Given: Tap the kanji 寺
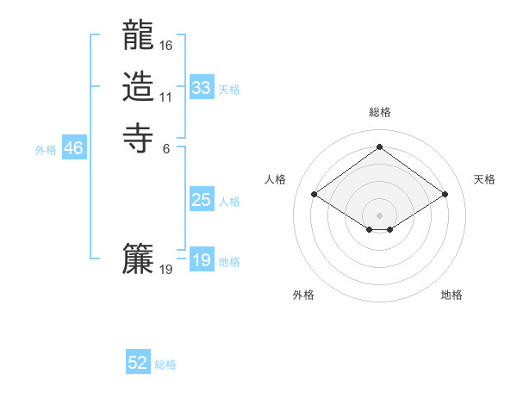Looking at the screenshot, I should pos(138,136).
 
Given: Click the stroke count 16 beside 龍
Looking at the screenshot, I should pos(166,45).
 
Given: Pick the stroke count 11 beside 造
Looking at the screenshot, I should pos(166,97).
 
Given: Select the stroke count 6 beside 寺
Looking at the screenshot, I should pos(166,148).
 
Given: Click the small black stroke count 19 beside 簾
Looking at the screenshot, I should pos(166,270).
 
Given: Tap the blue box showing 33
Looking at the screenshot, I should pos(202,88).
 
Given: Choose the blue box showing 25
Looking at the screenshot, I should pos(202,200).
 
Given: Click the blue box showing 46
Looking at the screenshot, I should pos(73,148).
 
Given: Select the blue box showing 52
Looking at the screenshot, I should pos(138,363).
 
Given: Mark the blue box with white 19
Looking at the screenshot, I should pos(202,260).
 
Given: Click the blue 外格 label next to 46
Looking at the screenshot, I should pos(46,150).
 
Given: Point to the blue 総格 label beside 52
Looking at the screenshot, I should pos(165,364).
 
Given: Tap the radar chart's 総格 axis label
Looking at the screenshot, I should pos(379,112).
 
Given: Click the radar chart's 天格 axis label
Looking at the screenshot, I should pos(484,179).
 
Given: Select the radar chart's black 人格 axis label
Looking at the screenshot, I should pos(276,179).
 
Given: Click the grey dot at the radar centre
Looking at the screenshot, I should pos(379,214).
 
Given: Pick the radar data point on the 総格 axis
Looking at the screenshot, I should pos(379,146).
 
